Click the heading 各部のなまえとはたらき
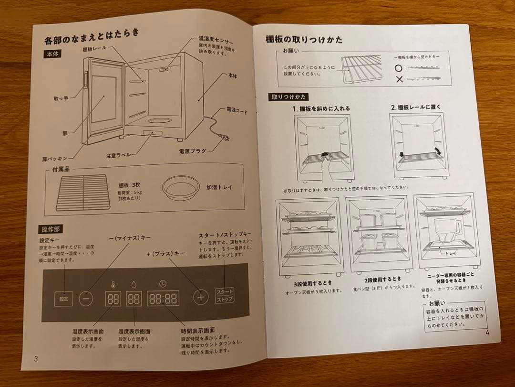[92, 36]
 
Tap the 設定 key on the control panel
[63, 299]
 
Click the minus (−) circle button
[86, 298]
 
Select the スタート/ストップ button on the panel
[224, 295]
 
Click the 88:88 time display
[163, 298]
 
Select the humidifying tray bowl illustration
[181, 188]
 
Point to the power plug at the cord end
[223, 139]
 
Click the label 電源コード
[237, 110]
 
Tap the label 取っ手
[61, 98]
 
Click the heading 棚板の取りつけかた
[304, 40]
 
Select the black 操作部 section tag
[52, 229]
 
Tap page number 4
[487, 332]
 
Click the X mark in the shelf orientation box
[399, 79]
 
